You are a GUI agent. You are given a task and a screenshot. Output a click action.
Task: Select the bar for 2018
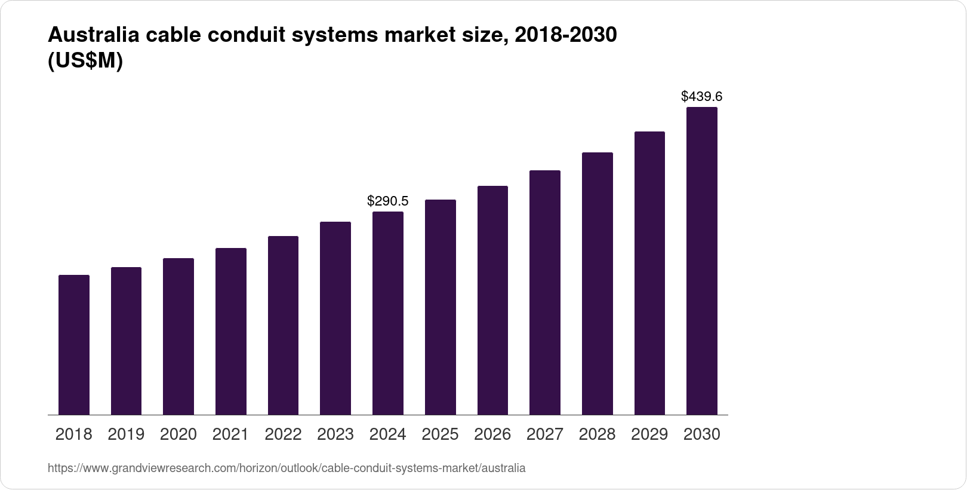pos(74,345)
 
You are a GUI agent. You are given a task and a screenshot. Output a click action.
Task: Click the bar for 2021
pos(231,331)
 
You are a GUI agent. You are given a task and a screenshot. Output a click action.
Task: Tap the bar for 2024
pos(388,313)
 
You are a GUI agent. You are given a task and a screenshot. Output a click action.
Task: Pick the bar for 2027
pos(544,292)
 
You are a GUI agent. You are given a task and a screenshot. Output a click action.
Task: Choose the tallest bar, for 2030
pos(701,261)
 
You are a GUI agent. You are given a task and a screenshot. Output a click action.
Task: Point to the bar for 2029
pos(649,273)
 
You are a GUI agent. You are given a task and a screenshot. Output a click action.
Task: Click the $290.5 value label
pos(387,201)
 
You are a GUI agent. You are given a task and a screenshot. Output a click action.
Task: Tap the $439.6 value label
pos(701,96)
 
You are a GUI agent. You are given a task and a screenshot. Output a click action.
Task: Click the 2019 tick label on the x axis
pos(126,434)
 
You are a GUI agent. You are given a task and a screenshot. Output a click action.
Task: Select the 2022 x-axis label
pos(283,434)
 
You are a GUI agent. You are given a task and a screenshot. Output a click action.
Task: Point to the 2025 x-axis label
pos(440,434)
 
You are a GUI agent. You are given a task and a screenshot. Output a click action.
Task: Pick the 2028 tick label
pos(597,434)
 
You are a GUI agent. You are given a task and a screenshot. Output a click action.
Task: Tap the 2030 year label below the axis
pos(701,434)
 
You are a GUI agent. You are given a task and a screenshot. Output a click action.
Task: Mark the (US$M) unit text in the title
pos(85,62)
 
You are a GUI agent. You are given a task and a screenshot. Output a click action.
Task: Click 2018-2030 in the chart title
pos(565,36)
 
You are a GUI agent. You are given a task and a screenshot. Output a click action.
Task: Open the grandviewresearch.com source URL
pos(287,468)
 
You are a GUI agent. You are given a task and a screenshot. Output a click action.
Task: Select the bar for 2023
pos(335,318)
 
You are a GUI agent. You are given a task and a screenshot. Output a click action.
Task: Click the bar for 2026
pos(492,301)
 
